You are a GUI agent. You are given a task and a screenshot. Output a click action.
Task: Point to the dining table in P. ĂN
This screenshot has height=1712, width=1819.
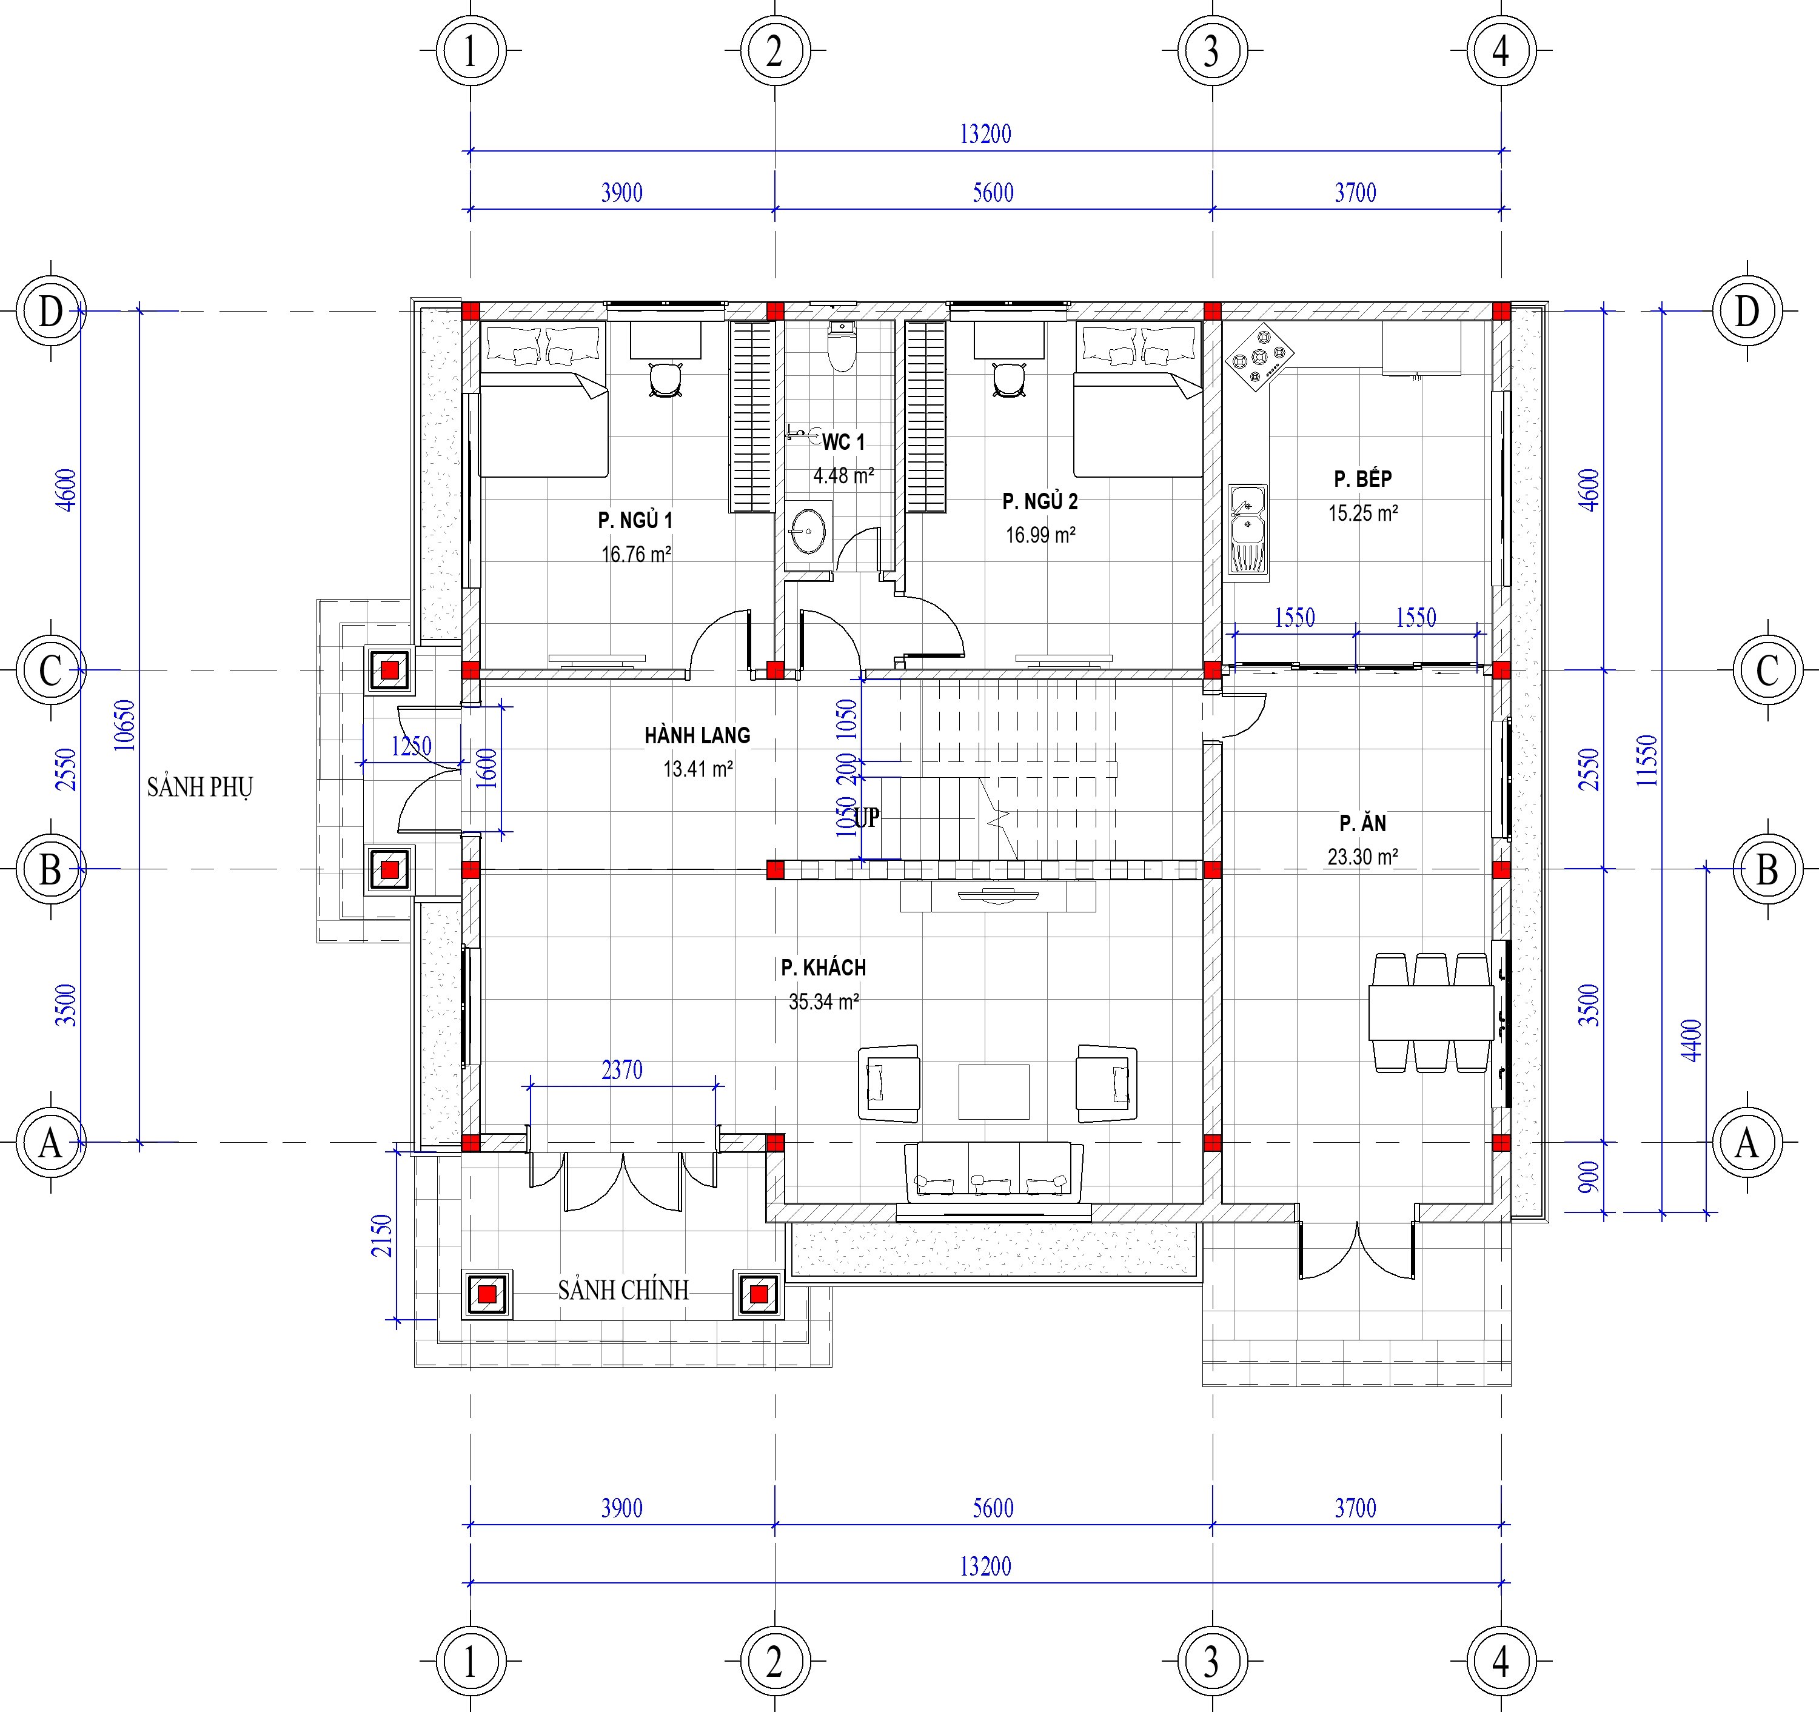click(1431, 1012)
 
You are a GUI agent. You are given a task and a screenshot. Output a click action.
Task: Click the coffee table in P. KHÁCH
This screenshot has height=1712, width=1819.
click(994, 1092)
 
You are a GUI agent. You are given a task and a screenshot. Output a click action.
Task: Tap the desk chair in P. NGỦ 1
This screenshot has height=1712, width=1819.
click(665, 379)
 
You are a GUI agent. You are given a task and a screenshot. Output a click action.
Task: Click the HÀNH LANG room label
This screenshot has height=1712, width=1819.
click(697, 736)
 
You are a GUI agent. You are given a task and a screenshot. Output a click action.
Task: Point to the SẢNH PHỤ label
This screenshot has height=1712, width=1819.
click(199, 787)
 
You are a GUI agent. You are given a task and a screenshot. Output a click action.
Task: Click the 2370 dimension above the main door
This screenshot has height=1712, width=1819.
click(622, 1069)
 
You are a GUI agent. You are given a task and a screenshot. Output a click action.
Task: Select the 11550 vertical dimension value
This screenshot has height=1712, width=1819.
click(1646, 760)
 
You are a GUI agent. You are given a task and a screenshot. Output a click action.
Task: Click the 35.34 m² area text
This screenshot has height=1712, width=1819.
click(823, 1002)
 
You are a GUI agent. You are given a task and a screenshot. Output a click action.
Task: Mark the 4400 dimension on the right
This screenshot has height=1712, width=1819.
click(1692, 1040)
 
